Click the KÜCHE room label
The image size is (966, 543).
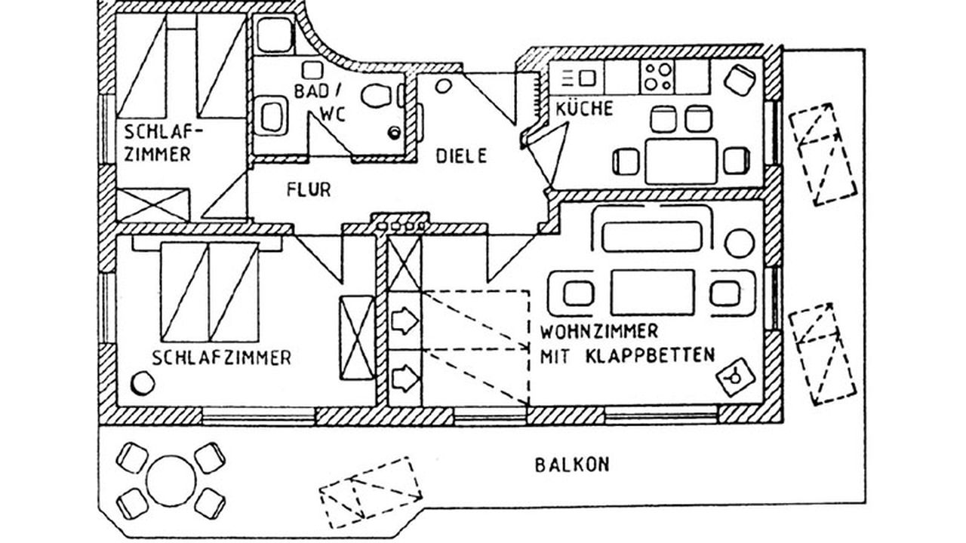click(x=584, y=109)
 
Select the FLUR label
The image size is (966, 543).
click(x=308, y=189)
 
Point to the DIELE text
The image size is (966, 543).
click(x=462, y=156)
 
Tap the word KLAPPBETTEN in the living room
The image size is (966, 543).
click(x=649, y=355)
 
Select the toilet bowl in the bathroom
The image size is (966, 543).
click(x=375, y=96)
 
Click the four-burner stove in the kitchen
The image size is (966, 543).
click(x=657, y=76)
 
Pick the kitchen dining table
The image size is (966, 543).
click(x=681, y=161)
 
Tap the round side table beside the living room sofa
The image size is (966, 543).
click(x=739, y=244)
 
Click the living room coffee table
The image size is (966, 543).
click(x=652, y=292)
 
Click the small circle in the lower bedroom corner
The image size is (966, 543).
click(x=143, y=383)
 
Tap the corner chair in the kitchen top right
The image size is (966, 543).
click(x=740, y=76)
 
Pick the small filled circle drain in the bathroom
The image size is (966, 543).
click(x=394, y=133)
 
